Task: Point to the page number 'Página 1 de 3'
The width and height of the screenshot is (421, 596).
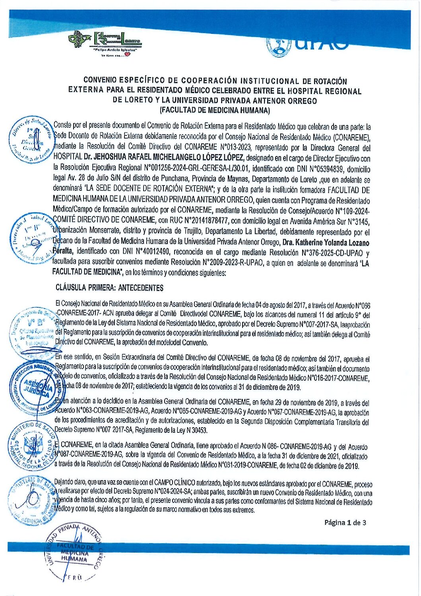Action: (x=345, y=522)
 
